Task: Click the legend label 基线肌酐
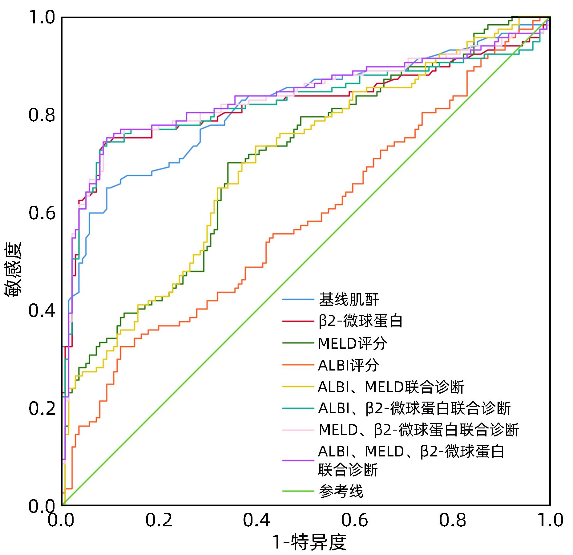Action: (349, 299)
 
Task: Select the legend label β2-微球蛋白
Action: (361, 321)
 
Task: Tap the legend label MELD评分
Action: (353, 343)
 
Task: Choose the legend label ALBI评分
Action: (349, 365)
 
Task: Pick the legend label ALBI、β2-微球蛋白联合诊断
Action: (414, 409)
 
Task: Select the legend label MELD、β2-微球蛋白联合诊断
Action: (419, 430)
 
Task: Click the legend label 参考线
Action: (341, 491)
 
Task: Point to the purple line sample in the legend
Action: (298, 460)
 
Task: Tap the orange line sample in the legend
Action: (298, 365)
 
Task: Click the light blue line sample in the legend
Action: (298, 299)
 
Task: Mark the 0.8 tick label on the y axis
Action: (42, 115)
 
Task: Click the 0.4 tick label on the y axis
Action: (42, 311)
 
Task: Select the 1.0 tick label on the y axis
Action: (42, 18)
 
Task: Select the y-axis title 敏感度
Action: (13, 269)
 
